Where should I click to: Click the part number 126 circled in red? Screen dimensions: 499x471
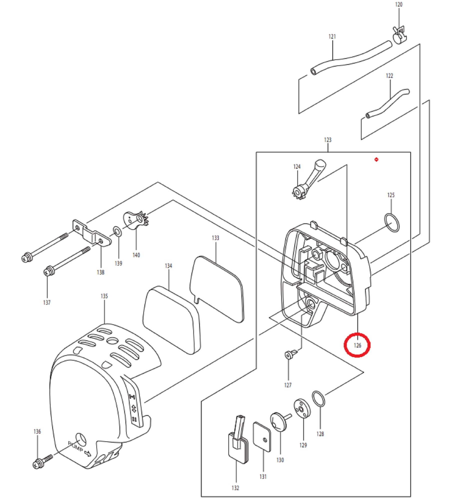coord(357,345)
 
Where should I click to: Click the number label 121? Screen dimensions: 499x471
coord(332,37)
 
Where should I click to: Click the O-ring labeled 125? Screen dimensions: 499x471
coord(392,223)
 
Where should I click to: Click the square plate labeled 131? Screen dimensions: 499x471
coord(262,437)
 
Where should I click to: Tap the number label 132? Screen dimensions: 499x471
coord(235,488)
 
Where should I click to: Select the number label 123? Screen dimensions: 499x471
coord(328,140)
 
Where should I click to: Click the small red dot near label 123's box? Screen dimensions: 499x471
coord(376,159)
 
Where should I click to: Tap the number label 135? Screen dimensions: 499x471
coord(104,296)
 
